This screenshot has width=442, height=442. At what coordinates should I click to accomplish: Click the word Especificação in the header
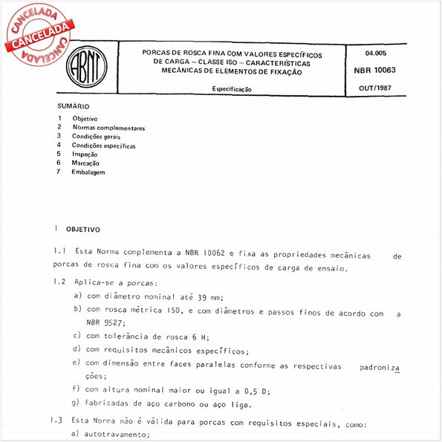[231, 89]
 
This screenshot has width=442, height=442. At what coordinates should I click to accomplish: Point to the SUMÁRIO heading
[74, 107]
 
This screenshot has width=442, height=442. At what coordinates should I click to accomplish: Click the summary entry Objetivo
[85, 119]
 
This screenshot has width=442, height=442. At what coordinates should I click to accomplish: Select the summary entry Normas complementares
[108, 128]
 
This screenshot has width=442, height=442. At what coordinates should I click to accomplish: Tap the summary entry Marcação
[88, 163]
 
